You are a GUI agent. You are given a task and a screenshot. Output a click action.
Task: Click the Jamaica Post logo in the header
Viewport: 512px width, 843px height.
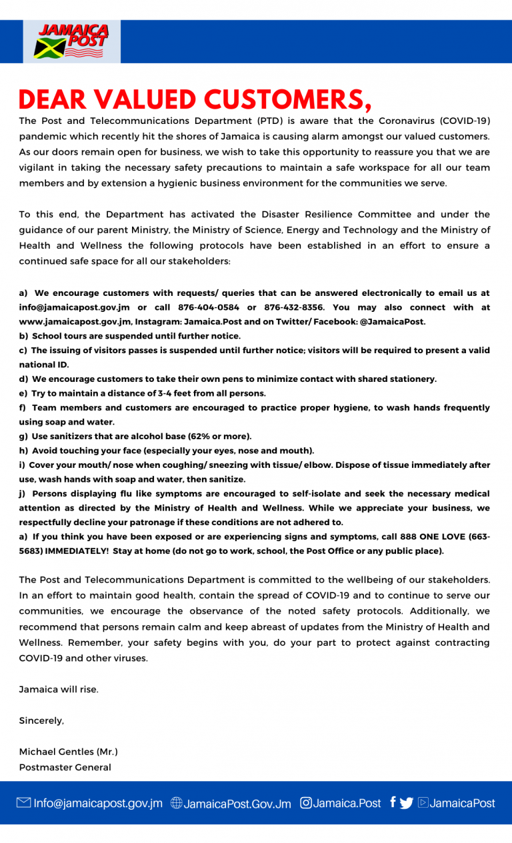pos(72,41)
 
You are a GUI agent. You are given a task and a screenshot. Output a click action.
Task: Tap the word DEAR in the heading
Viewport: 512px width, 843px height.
pos(53,100)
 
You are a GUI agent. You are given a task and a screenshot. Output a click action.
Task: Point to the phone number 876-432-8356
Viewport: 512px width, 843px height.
pos(295,307)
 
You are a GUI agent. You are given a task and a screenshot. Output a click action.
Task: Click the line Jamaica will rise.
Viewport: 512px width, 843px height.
pos(59,689)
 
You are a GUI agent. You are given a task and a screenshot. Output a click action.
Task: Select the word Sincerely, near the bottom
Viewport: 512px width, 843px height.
pos(41,720)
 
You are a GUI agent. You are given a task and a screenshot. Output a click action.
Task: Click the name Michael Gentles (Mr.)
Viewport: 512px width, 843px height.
pos(68,752)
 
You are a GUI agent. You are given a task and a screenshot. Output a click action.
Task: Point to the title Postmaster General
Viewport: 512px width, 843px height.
pos(65,767)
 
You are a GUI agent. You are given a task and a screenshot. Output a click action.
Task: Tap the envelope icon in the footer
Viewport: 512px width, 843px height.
pos(24,803)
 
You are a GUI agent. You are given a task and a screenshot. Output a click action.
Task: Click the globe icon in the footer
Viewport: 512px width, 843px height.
pos(177,803)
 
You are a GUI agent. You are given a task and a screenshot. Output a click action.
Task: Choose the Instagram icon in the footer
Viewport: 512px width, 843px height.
pos(306,803)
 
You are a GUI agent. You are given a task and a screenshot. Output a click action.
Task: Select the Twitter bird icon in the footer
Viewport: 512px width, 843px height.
pos(407,803)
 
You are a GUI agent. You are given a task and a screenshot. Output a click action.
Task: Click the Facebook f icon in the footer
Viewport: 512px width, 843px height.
pos(393,802)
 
